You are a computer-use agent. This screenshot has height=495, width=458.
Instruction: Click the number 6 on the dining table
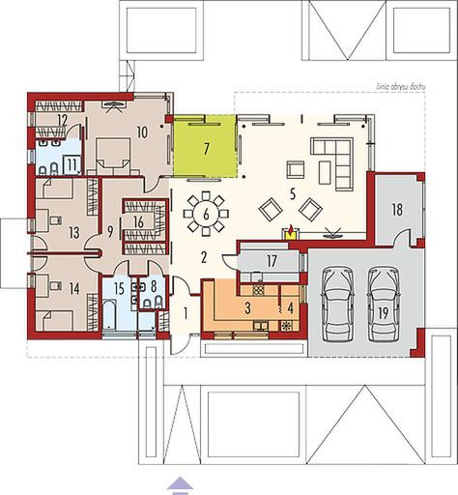(x=204, y=214)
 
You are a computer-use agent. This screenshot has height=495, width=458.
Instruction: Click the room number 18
(x=397, y=208)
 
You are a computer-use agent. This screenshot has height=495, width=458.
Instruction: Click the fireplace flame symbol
(x=287, y=231)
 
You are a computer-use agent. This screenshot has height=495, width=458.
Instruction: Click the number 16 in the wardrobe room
(x=139, y=221)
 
